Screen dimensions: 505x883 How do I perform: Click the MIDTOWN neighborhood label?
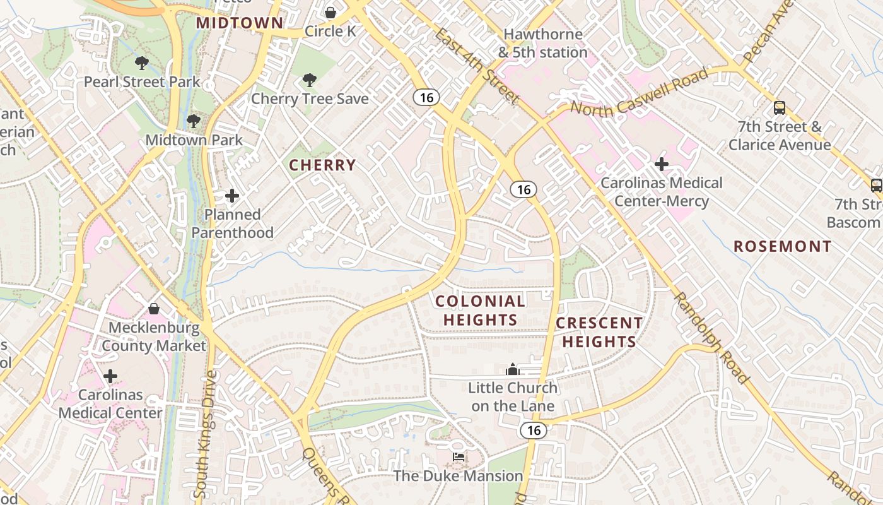coord(240,23)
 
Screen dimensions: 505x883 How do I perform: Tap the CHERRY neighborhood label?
coord(322,165)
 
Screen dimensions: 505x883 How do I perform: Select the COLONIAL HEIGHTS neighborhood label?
coord(480,311)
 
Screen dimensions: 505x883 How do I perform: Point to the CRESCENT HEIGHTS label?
coord(599,332)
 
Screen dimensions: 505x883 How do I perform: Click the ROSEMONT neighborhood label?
coord(782,246)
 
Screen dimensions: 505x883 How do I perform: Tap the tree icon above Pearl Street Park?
coord(142,62)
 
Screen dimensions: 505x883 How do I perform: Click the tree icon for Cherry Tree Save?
coord(309,80)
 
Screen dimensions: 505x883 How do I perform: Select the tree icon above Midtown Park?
coord(194,121)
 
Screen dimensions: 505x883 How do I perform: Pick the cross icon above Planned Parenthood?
coord(232,196)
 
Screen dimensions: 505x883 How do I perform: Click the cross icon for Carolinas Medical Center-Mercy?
coord(662,165)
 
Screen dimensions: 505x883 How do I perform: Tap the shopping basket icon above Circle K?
coord(330,13)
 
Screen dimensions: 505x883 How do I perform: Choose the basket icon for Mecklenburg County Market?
coord(154,309)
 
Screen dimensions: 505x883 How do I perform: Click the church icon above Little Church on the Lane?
coord(513,369)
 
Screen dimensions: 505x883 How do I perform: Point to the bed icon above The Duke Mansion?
coord(459,456)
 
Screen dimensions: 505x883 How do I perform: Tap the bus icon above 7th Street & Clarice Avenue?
coord(780,108)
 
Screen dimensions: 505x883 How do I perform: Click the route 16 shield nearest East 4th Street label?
coord(426,97)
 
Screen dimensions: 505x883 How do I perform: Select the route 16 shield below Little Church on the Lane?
coord(534,431)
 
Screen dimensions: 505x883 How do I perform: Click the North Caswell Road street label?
coord(639,92)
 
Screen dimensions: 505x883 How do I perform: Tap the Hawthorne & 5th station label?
coord(543,43)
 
